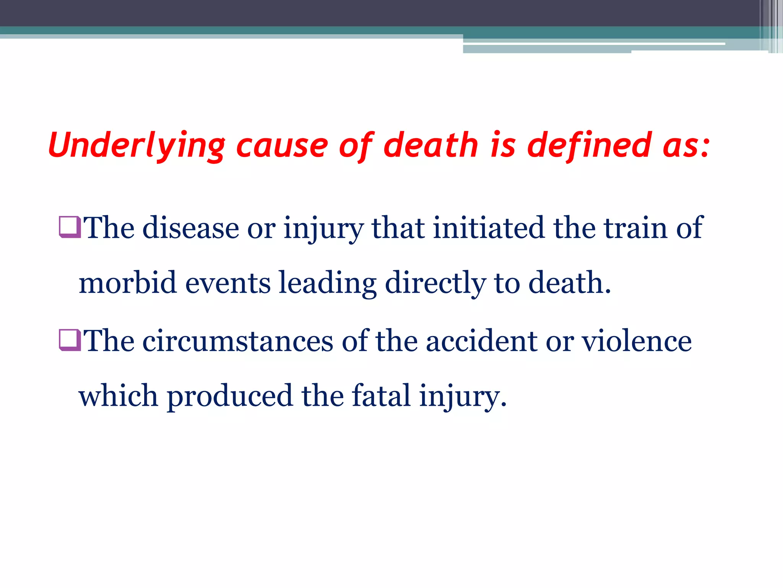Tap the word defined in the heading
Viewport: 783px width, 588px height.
(589, 145)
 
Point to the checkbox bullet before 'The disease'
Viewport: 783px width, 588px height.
(70, 227)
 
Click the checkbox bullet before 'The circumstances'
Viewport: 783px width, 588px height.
(70, 340)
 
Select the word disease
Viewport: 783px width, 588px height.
(191, 228)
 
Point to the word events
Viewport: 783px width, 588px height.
(228, 283)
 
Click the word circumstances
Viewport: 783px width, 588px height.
(238, 341)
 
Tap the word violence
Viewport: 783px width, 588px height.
(637, 341)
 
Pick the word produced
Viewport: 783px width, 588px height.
(230, 397)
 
